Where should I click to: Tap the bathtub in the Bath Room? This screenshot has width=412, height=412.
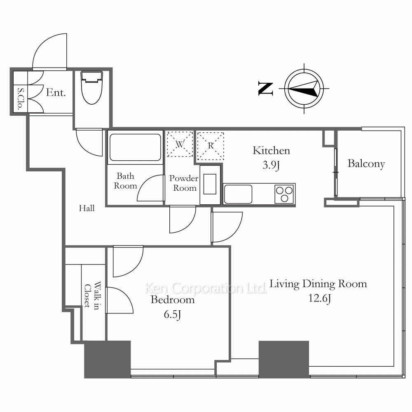click(135, 147)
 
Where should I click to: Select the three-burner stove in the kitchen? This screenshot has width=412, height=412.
click(284, 194)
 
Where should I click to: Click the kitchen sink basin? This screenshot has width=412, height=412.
click(238, 194)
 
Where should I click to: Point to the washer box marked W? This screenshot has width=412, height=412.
click(180, 144)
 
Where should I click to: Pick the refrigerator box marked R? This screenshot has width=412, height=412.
click(211, 145)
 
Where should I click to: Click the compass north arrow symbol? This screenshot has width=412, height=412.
click(304, 89)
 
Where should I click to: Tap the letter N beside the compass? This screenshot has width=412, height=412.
click(265, 89)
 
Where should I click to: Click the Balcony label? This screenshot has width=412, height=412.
click(366, 164)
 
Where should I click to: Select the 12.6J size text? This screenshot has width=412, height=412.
click(320, 298)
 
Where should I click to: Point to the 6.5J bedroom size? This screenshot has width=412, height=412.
click(172, 314)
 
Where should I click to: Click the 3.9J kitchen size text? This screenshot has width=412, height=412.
click(271, 165)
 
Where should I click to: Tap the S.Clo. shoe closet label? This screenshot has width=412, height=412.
click(20, 98)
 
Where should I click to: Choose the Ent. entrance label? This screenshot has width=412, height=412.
click(56, 92)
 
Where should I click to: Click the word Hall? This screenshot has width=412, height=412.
click(87, 208)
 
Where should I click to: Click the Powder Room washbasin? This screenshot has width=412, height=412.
click(210, 184)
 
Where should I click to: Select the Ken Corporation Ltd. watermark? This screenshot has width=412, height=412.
click(206, 288)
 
